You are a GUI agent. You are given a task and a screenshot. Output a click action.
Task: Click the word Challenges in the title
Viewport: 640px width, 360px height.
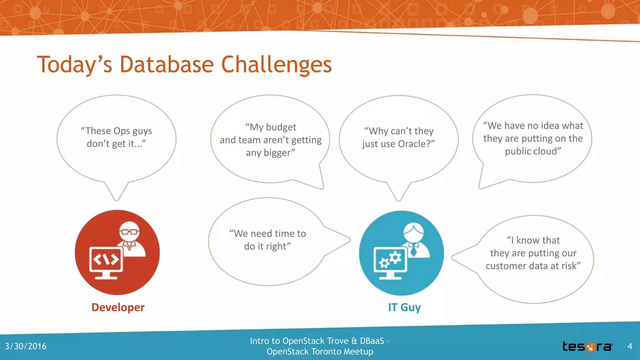coord(276,65)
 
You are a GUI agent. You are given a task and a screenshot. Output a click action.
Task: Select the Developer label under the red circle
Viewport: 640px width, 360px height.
coord(118,307)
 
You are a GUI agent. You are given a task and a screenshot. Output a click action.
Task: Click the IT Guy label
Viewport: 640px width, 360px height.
coord(404,307)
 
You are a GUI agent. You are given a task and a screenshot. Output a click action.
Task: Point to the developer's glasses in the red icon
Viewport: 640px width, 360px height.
coord(129,232)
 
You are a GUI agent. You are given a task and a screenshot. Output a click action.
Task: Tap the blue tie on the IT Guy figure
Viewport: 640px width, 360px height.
coord(413,250)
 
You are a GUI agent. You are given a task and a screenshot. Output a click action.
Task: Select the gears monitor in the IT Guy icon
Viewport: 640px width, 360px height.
coord(390,262)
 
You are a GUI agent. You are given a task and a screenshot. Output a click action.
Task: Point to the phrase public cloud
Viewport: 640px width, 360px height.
coord(532,151)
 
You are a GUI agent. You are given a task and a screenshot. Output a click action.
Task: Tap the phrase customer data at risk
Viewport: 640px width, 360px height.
coord(532,266)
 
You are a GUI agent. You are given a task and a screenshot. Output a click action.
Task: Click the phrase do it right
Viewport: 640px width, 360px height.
coord(267,247)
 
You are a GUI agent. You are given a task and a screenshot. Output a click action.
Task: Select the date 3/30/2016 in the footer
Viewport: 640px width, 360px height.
coord(26,346)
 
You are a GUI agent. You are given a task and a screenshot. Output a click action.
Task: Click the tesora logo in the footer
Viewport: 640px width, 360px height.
coord(587,347)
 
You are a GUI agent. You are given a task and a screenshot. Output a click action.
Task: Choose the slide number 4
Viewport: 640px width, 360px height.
coord(630,346)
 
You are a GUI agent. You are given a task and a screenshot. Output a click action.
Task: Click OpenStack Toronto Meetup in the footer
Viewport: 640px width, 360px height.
coord(319,352)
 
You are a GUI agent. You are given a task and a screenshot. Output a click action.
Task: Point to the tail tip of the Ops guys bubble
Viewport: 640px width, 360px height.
coord(116,199)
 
